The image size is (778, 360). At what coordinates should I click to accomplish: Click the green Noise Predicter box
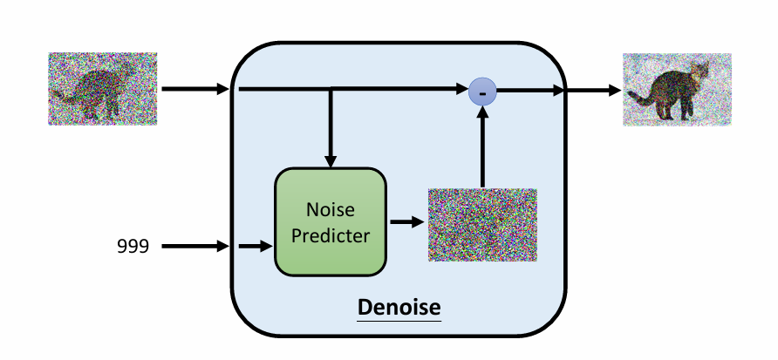tap(331, 221)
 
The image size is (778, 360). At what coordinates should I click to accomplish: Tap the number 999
tap(133, 247)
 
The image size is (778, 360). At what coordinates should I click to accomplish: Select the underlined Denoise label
tap(399, 309)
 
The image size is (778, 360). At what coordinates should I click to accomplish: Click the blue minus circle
tap(482, 90)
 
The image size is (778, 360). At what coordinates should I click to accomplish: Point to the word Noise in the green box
tap(331, 210)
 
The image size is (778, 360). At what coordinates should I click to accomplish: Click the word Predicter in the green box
tap(331, 234)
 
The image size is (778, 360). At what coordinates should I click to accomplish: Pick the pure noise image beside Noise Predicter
tap(482, 225)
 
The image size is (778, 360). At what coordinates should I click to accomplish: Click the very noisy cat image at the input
tap(103, 88)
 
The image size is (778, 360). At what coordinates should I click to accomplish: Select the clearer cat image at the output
tap(677, 90)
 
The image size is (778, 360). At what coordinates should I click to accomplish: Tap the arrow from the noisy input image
tap(194, 89)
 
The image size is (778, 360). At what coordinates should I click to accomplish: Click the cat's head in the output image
tap(699, 71)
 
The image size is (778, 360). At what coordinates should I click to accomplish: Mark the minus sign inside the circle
tap(483, 91)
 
